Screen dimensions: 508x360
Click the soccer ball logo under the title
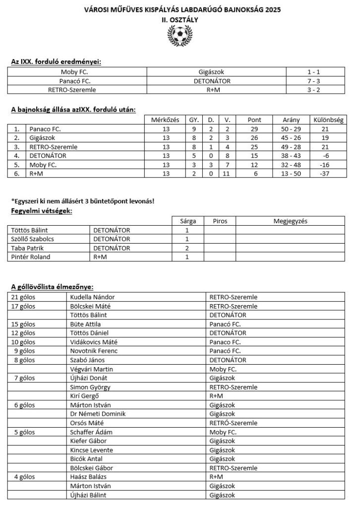click(180, 36)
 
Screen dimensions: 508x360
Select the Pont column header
click(254, 120)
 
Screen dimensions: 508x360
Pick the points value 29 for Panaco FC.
click(254, 129)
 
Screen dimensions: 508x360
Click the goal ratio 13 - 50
click(291, 173)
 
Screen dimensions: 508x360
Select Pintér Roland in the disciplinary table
click(31, 257)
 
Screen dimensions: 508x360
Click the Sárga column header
click(187, 221)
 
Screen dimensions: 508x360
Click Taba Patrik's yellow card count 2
click(187, 248)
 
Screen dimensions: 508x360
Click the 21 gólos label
click(25, 297)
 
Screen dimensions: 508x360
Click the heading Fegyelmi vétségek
click(42, 211)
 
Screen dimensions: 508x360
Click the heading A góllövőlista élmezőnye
click(52, 287)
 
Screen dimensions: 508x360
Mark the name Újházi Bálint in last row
click(89, 495)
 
